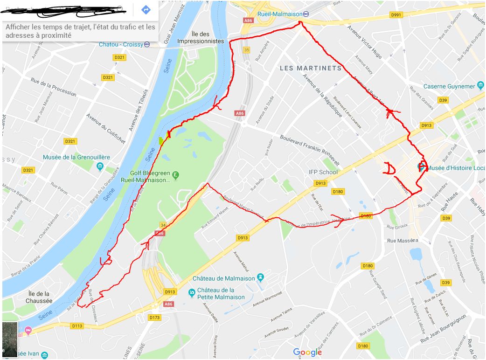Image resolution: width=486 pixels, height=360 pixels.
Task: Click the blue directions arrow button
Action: pyautogui.click(x=146, y=9)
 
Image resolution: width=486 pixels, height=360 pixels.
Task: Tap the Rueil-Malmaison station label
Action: pyautogui.click(x=280, y=14)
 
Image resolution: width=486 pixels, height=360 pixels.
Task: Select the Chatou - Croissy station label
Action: pyautogui.click(x=121, y=45)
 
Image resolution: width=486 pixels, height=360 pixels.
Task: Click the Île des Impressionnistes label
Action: pyautogui.click(x=208, y=37)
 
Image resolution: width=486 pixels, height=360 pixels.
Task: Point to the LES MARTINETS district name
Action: pyautogui.click(x=311, y=68)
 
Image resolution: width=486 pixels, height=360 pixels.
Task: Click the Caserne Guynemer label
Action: pyautogui.click(x=450, y=86)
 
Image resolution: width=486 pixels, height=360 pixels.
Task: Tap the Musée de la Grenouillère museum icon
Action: pyautogui.click(x=99, y=166)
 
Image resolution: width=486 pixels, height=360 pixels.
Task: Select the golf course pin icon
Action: pyautogui.click(x=175, y=175)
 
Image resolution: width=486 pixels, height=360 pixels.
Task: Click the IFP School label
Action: pyautogui.click(x=323, y=172)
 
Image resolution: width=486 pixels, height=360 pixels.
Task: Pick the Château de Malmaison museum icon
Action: pyautogui.click(x=260, y=278)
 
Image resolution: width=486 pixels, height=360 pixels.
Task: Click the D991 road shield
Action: pyautogui.click(x=396, y=15)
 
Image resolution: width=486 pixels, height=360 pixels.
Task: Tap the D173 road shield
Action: pyautogui.click(x=154, y=318)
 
